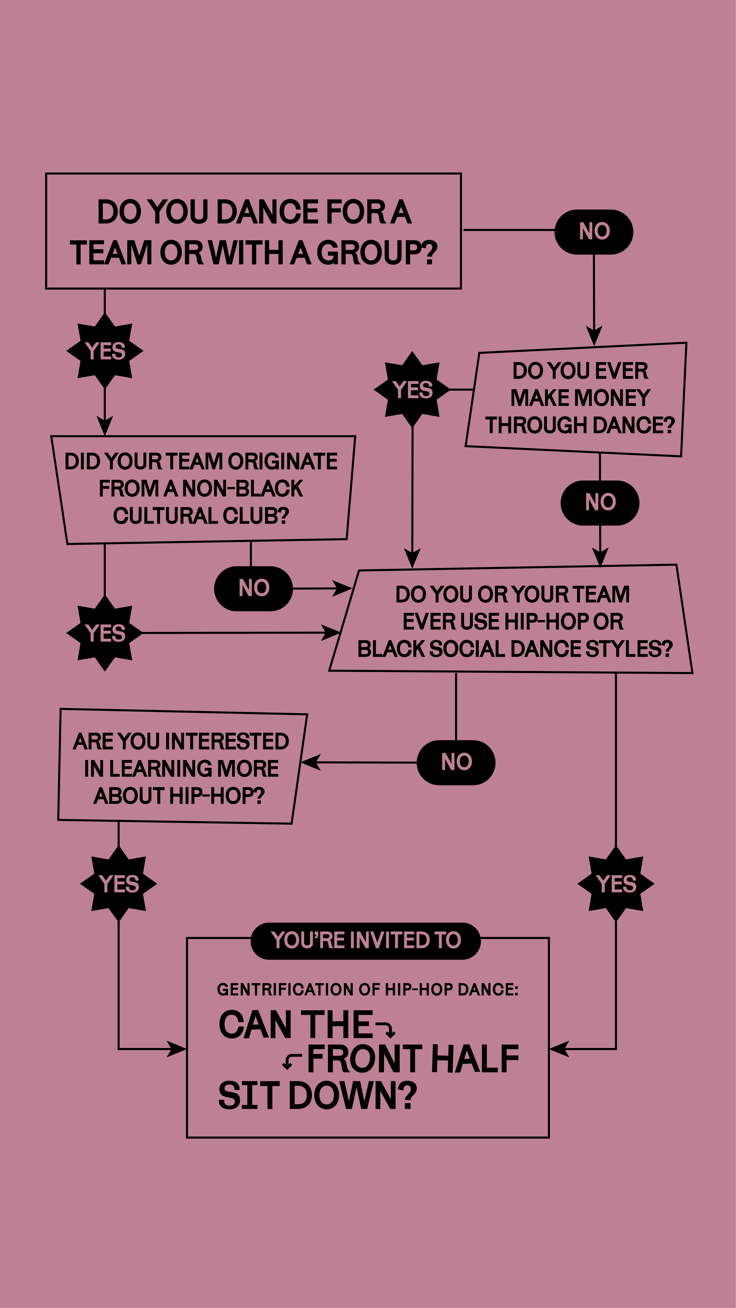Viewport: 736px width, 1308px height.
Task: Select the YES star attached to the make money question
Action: point(412,389)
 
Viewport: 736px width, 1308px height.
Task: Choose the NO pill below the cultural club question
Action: point(253,589)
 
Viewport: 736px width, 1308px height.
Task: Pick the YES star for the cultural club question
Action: point(105,633)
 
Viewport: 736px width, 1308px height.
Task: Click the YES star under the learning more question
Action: point(118,884)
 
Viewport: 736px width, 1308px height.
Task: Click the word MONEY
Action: point(580,398)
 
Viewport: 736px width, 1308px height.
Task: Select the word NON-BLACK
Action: point(242,489)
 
